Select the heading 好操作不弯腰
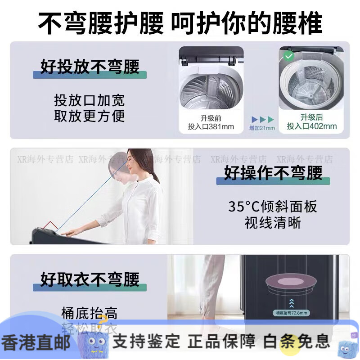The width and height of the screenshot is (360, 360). (273, 173)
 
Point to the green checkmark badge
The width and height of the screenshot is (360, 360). (288, 56)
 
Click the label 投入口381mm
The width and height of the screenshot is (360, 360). (211, 126)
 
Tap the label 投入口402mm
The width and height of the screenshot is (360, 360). (312, 126)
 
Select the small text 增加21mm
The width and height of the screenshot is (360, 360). (262, 128)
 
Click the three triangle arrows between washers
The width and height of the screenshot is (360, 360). (262, 119)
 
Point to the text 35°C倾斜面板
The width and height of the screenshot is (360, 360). (273, 207)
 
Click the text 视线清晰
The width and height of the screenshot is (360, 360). (273, 222)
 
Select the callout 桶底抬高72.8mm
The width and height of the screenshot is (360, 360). (291, 312)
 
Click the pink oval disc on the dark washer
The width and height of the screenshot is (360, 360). (292, 283)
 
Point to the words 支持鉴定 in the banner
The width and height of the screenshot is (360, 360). (146, 341)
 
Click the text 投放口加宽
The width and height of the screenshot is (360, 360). (90, 100)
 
